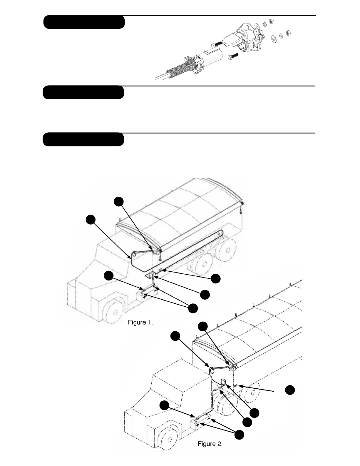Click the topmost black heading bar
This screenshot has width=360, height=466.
pyautogui.click(x=84, y=22)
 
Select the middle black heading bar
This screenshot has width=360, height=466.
pyautogui.click(x=83, y=93)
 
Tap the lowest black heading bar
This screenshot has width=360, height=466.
pyautogui.click(x=83, y=139)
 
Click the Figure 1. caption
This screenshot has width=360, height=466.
pyautogui.click(x=140, y=323)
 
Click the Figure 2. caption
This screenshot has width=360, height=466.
pyautogui.click(x=210, y=444)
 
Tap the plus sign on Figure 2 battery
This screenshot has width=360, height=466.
pyautogui.click(x=198, y=425)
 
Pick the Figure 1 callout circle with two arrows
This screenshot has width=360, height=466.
pyautogui.click(x=193, y=308)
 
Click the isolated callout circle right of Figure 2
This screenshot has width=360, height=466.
pyautogui.click(x=290, y=390)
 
